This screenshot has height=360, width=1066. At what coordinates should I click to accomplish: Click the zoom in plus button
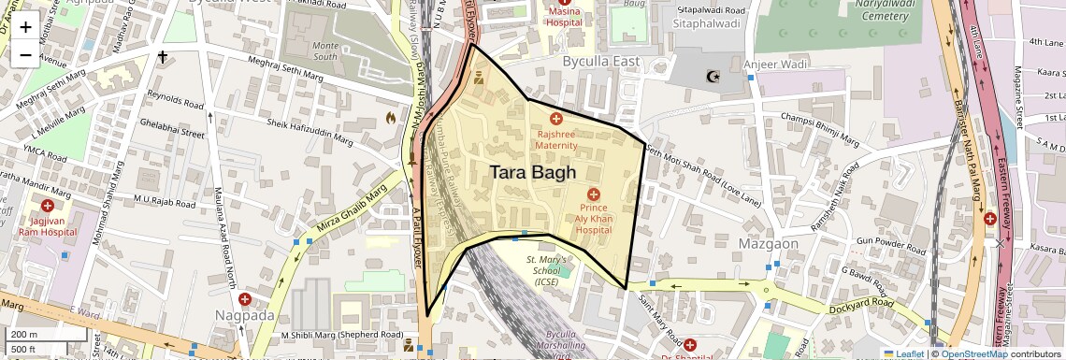(25, 27)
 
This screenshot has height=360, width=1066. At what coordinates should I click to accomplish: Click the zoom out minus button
(25, 55)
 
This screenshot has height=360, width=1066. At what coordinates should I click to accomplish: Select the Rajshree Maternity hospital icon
(556, 119)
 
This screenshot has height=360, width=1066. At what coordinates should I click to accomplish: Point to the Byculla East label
(600, 62)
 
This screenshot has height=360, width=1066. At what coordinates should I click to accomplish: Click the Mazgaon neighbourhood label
(768, 244)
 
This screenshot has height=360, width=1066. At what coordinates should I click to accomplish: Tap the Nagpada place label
(244, 315)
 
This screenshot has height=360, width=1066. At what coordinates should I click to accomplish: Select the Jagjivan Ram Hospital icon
(47, 204)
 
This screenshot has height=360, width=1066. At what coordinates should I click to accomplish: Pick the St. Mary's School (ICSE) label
(545, 270)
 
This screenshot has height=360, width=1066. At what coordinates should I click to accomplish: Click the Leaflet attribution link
(903, 353)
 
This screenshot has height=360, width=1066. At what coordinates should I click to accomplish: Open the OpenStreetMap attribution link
(974, 353)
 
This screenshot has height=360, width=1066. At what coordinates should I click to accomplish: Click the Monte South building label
(324, 50)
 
